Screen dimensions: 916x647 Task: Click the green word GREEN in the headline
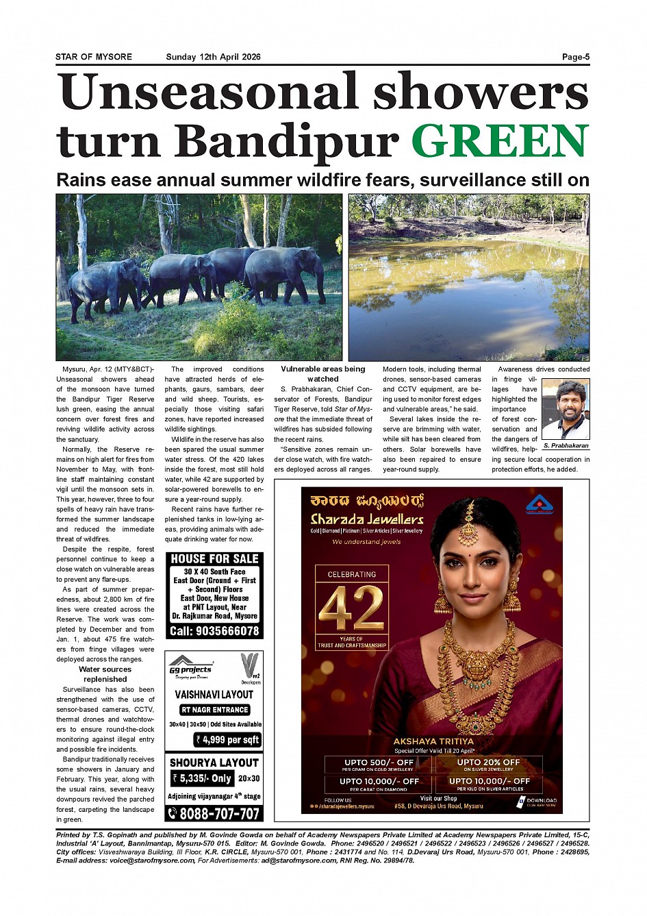tap(500, 141)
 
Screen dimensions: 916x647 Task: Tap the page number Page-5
tap(575, 57)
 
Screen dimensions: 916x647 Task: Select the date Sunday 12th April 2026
tap(213, 57)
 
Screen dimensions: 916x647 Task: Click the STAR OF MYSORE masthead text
tap(94, 57)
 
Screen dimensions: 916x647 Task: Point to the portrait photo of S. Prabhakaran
tap(566, 410)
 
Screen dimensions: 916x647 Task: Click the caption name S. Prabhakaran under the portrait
tap(566, 446)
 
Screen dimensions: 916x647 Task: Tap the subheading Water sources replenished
tap(105, 674)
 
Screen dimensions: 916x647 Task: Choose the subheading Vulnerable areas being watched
tap(322, 373)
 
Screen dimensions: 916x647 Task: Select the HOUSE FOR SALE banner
tap(214, 559)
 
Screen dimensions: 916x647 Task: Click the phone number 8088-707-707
tap(214, 814)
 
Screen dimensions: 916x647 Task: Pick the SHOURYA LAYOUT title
tap(214, 763)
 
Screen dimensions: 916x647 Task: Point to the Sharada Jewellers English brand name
tap(367, 519)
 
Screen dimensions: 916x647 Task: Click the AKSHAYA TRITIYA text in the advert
tap(433, 741)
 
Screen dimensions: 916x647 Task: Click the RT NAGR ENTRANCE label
tap(214, 710)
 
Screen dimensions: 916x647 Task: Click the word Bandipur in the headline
tap(288, 141)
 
